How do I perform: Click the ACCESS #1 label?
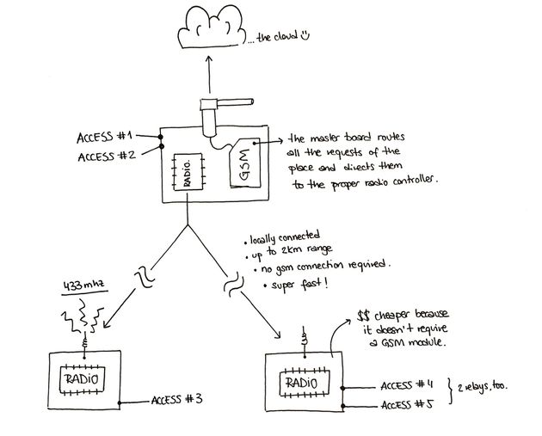tap(106, 137)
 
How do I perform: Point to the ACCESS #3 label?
tap(177, 400)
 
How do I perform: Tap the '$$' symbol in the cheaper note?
tap(365, 317)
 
